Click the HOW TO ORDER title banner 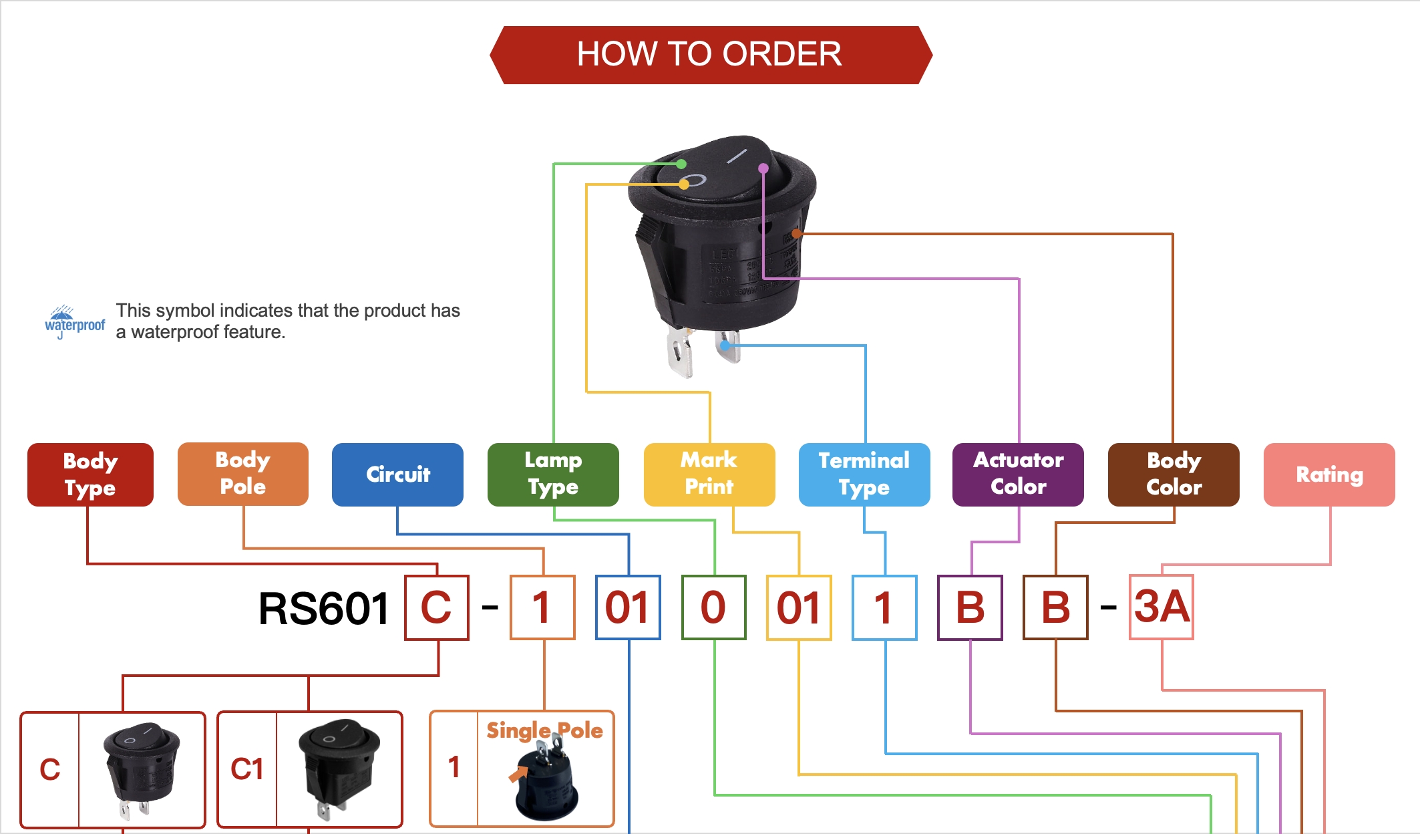point(710,55)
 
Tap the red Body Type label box point(90,474)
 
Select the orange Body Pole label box point(243,474)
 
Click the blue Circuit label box point(397,474)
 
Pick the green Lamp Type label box point(553,474)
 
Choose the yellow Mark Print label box point(709,474)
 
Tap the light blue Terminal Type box point(864,474)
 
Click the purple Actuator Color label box point(1018,474)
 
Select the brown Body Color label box point(1174,474)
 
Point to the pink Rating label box point(1329,474)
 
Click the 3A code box point(1162,607)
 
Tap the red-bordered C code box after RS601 point(437,607)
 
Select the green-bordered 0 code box point(713,607)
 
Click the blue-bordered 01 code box point(628,607)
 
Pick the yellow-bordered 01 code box point(799,607)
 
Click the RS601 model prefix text point(324,609)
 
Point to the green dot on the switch point(681,164)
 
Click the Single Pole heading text point(544,730)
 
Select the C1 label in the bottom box point(247,769)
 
